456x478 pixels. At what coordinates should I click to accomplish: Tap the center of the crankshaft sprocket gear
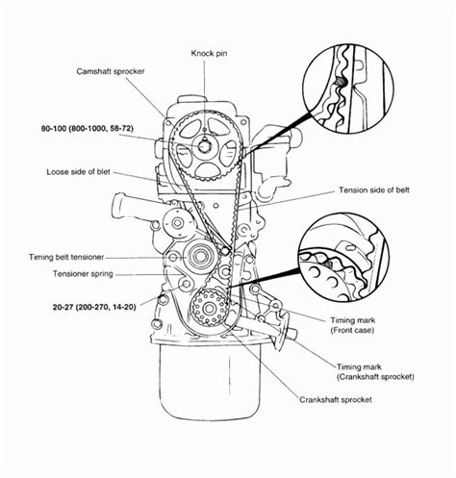[x=205, y=308]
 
